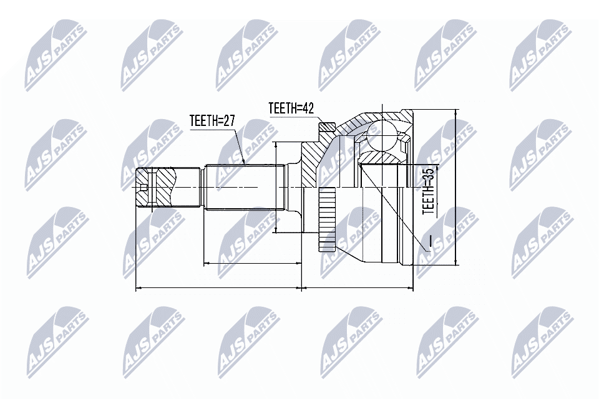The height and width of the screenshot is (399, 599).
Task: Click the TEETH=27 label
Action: pyautogui.click(x=212, y=122)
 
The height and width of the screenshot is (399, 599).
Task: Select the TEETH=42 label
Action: pyautogui.click(x=290, y=108)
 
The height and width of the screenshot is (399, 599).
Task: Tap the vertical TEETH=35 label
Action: pyautogui.click(x=429, y=191)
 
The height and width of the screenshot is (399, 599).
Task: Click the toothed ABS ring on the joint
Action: pyautogui.click(x=326, y=219)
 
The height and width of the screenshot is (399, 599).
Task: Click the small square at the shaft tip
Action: pyautogui.click(x=144, y=188)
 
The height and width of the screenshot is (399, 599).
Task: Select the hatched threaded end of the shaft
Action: pyautogui.click(x=163, y=188)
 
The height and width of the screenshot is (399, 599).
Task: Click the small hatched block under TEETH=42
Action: pyautogui.click(x=326, y=129)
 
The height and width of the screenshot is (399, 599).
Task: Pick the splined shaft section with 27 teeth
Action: pyautogui.click(x=243, y=187)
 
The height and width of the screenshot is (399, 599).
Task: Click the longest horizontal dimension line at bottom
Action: pyautogui.click(x=275, y=288)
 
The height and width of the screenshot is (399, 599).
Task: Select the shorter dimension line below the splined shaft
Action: pyautogui.click(x=253, y=264)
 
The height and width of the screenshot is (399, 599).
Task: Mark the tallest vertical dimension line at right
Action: pyautogui.click(x=457, y=187)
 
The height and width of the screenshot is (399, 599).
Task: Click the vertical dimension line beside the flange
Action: pyautogui.click(x=275, y=187)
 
